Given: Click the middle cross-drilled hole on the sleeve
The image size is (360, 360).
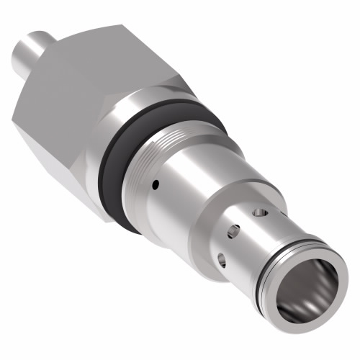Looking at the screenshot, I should pos(233,232).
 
